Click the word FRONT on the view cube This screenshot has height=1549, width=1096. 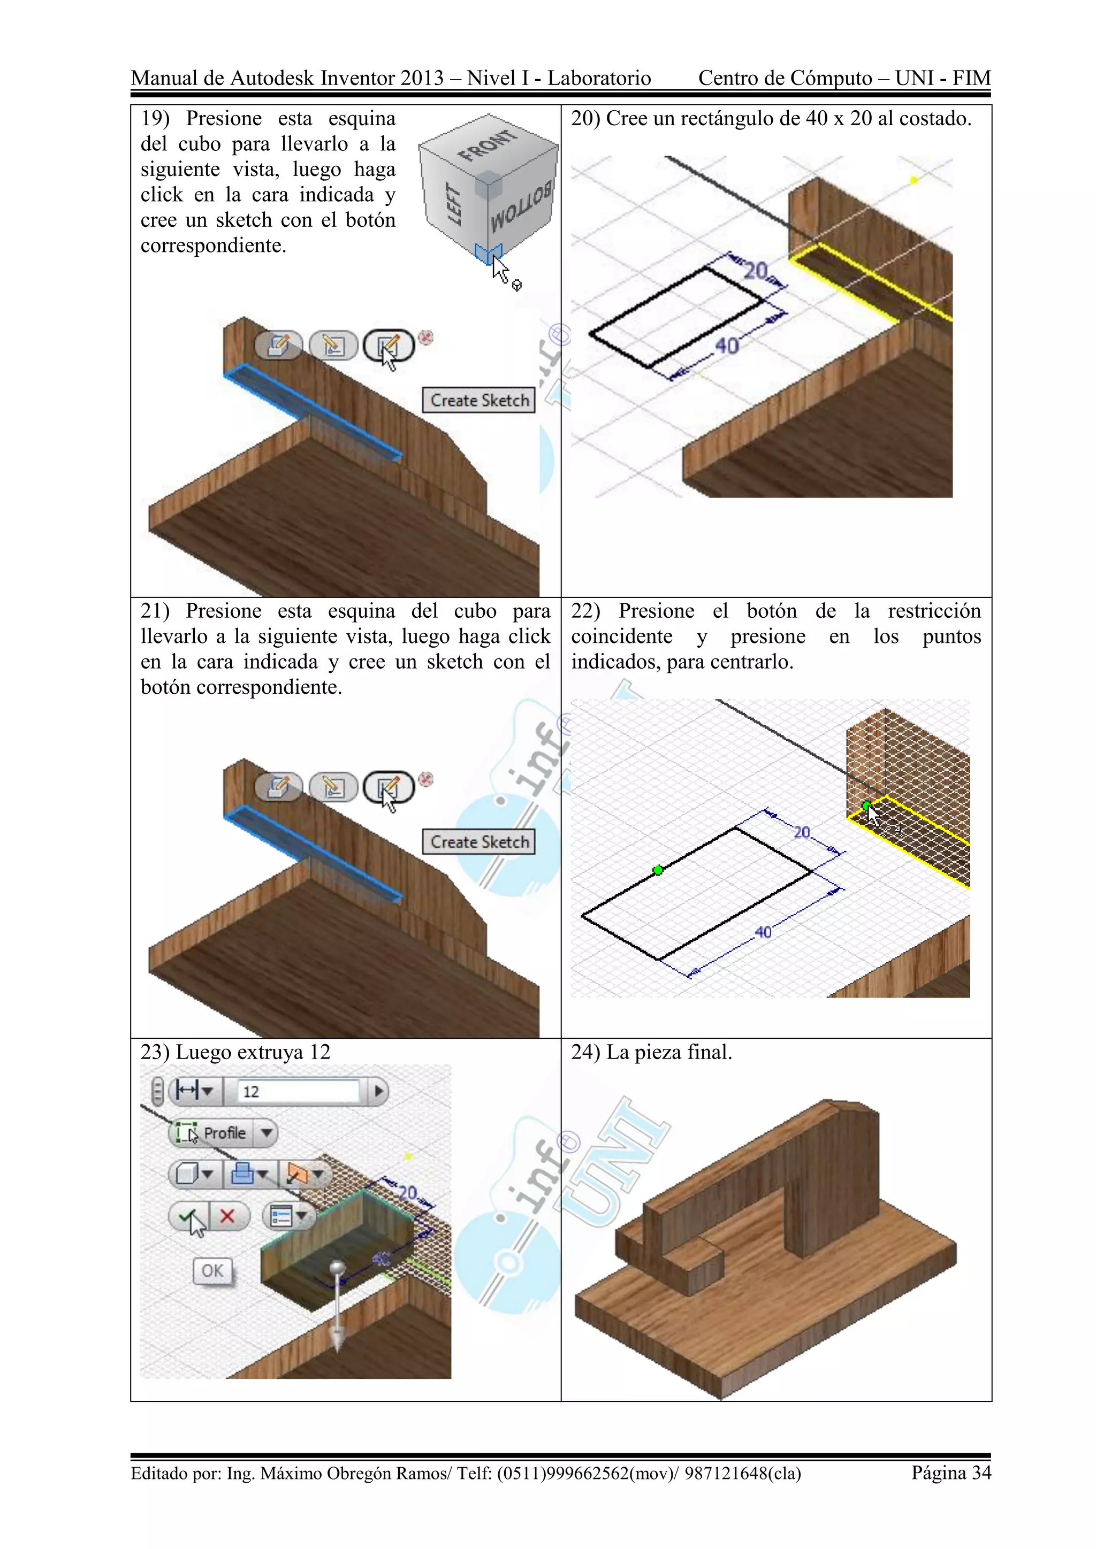point(488,145)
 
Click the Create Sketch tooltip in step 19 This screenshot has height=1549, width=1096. point(479,400)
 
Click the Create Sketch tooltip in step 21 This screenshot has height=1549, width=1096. point(479,842)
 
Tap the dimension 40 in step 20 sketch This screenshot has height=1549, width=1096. point(727,346)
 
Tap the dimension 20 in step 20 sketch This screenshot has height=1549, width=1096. point(756,271)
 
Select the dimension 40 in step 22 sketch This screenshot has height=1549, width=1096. point(763,932)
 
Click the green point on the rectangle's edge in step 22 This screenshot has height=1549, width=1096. point(658,870)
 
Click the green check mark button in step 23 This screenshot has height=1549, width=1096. point(188,1216)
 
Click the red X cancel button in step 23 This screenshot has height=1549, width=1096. point(227,1216)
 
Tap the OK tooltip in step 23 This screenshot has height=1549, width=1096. point(212,1271)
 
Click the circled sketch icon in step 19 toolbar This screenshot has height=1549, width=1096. point(388,346)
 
